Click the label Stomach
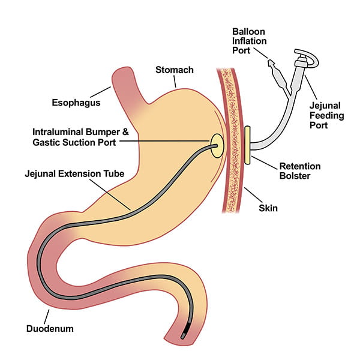(x=175, y=70)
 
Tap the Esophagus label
(x=75, y=102)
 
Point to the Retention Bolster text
(x=300, y=171)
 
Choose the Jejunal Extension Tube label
(x=74, y=173)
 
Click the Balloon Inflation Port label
(x=249, y=40)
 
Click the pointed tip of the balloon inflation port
(x=269, y=62)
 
